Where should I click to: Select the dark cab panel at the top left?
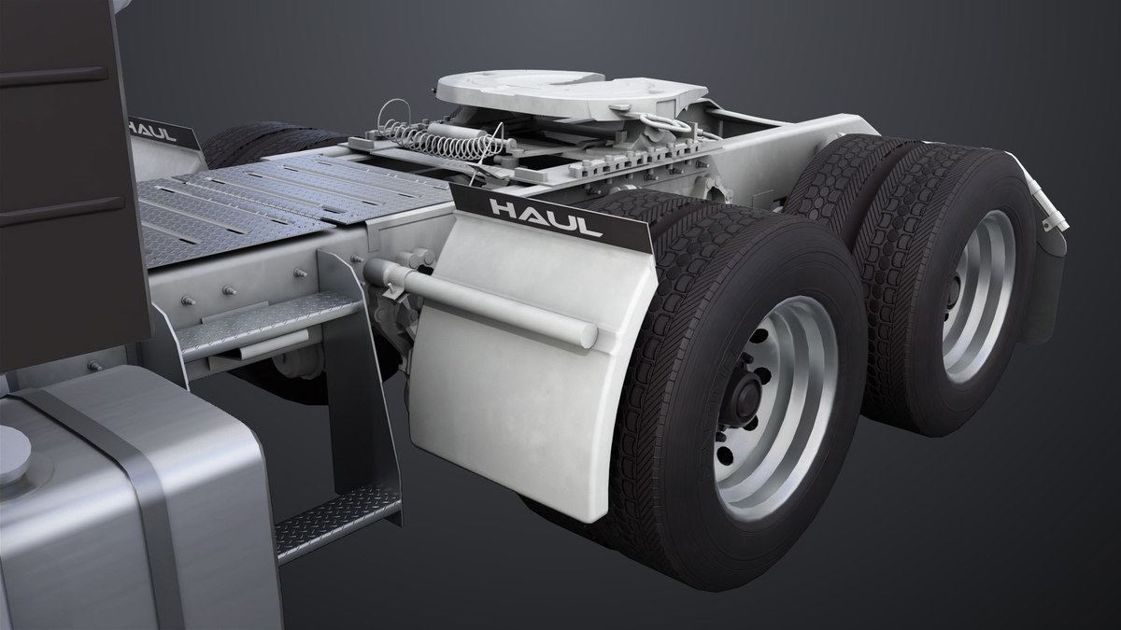click(56, 140)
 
